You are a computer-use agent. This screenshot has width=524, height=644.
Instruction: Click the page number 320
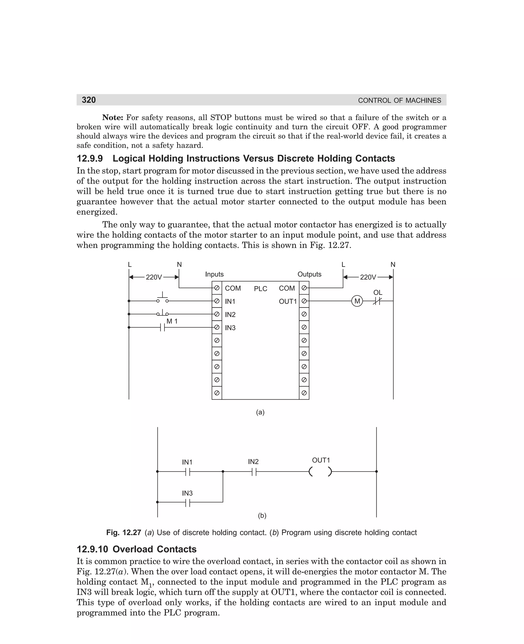(89, 100)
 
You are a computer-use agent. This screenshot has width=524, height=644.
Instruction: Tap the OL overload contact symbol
(377, 301)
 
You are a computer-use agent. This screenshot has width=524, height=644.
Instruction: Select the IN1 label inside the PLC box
(230, 301)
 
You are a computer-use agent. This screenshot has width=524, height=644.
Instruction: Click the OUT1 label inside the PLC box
(288, 301)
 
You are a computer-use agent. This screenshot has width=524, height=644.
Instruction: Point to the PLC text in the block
(260, 289)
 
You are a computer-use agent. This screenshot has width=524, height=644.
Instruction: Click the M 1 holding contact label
(172, 321)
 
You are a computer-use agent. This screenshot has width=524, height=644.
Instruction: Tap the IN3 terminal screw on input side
(216, 327)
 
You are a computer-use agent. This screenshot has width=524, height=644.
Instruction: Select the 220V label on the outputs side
(368, 277)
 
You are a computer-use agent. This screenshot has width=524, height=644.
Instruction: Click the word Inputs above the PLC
(214, 274)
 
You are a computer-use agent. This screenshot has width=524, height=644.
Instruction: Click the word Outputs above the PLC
(309, 274)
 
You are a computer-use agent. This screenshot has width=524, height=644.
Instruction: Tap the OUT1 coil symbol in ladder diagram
(320, 471)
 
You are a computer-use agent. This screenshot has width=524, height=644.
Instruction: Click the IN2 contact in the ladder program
(254, 471)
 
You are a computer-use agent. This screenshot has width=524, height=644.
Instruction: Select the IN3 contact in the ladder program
(188, 502)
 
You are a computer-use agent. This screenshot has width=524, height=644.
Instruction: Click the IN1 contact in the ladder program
(188, 471)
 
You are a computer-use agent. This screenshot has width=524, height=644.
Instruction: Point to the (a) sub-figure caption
(260, 412)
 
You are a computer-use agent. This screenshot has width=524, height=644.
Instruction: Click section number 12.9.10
(92, 549)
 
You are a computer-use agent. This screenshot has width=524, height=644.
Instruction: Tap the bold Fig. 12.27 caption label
(124, 532)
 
